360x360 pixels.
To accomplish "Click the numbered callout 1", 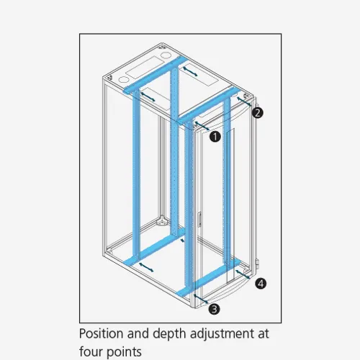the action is tap(215, 137).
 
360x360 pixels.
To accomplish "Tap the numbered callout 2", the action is tap(258, 113).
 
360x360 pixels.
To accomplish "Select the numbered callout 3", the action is tap(215, 309).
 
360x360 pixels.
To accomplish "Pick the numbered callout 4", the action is tap(261, 284).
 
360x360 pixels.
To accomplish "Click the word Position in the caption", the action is tap(102, 333).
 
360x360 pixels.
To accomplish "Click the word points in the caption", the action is tap(124, 352).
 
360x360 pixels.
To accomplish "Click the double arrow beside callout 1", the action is tap(202, 126).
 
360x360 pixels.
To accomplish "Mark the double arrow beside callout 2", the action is tap(244, 102).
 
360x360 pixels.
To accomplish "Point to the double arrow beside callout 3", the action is tap(201, 299).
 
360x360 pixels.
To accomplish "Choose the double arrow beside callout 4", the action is tap(243, 274).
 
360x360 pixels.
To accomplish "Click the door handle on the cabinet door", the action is tap(199, 220).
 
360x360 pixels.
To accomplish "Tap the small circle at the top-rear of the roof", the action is tap(165, 55).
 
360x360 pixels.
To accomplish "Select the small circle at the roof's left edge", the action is tap(122, 79).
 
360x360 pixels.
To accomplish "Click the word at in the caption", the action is tap(264, 334).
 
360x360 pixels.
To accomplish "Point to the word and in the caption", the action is tap(138, 333).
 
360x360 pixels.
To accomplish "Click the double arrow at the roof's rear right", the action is tap(190, 71).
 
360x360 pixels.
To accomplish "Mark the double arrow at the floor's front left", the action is tap(146, 267).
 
